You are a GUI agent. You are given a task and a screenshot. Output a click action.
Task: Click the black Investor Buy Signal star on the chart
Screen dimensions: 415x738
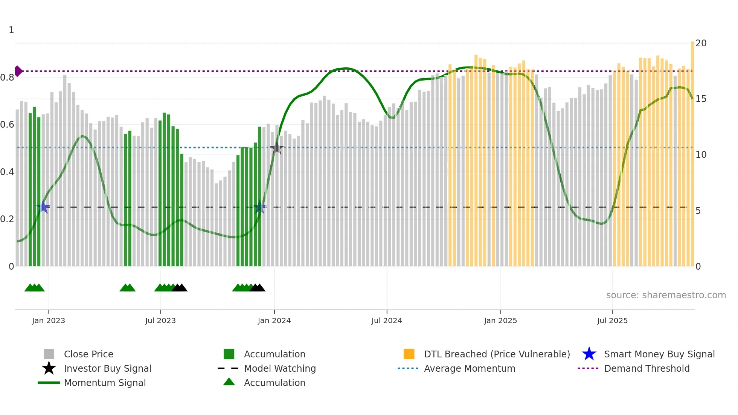point(277,148)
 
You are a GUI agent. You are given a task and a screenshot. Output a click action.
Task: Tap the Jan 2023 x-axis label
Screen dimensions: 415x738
point(49,320)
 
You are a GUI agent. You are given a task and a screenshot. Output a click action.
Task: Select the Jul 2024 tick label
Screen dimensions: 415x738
point(387,320)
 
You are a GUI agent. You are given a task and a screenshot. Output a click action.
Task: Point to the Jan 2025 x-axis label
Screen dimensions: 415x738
point(500,320)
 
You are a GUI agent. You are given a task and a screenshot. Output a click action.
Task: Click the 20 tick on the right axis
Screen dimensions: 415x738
point(701,43)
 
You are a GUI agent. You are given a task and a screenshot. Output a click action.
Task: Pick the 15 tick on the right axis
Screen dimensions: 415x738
point(701,99)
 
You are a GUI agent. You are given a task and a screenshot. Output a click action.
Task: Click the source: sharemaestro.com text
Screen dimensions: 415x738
point(666,295)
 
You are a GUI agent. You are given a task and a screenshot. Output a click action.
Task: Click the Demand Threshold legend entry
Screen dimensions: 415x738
point(647,368)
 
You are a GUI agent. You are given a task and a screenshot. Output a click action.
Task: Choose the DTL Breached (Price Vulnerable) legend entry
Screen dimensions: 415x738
point(497,354)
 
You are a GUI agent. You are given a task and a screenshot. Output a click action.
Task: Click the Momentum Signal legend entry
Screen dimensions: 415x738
point(105,383)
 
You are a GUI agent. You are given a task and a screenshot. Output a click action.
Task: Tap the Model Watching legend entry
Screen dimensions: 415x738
point(280,368)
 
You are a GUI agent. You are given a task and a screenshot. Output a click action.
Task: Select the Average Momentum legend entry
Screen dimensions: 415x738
point(470,368)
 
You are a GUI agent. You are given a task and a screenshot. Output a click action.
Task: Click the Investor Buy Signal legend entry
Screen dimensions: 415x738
point(107,368)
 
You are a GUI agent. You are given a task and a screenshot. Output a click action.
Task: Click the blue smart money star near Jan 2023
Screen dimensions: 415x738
point(43,207)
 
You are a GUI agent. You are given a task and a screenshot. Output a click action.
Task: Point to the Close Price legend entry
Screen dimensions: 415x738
point(88,354)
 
